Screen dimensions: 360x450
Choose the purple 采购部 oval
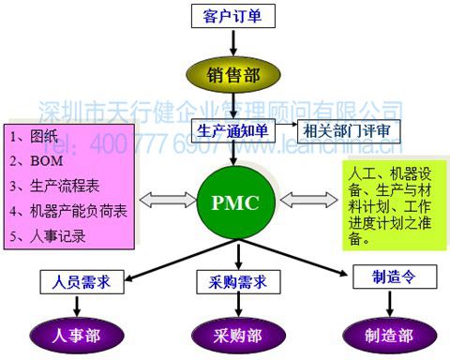point(231,334)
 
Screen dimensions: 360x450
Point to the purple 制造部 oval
point(378,334)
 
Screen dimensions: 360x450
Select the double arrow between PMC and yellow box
point(301,200)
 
